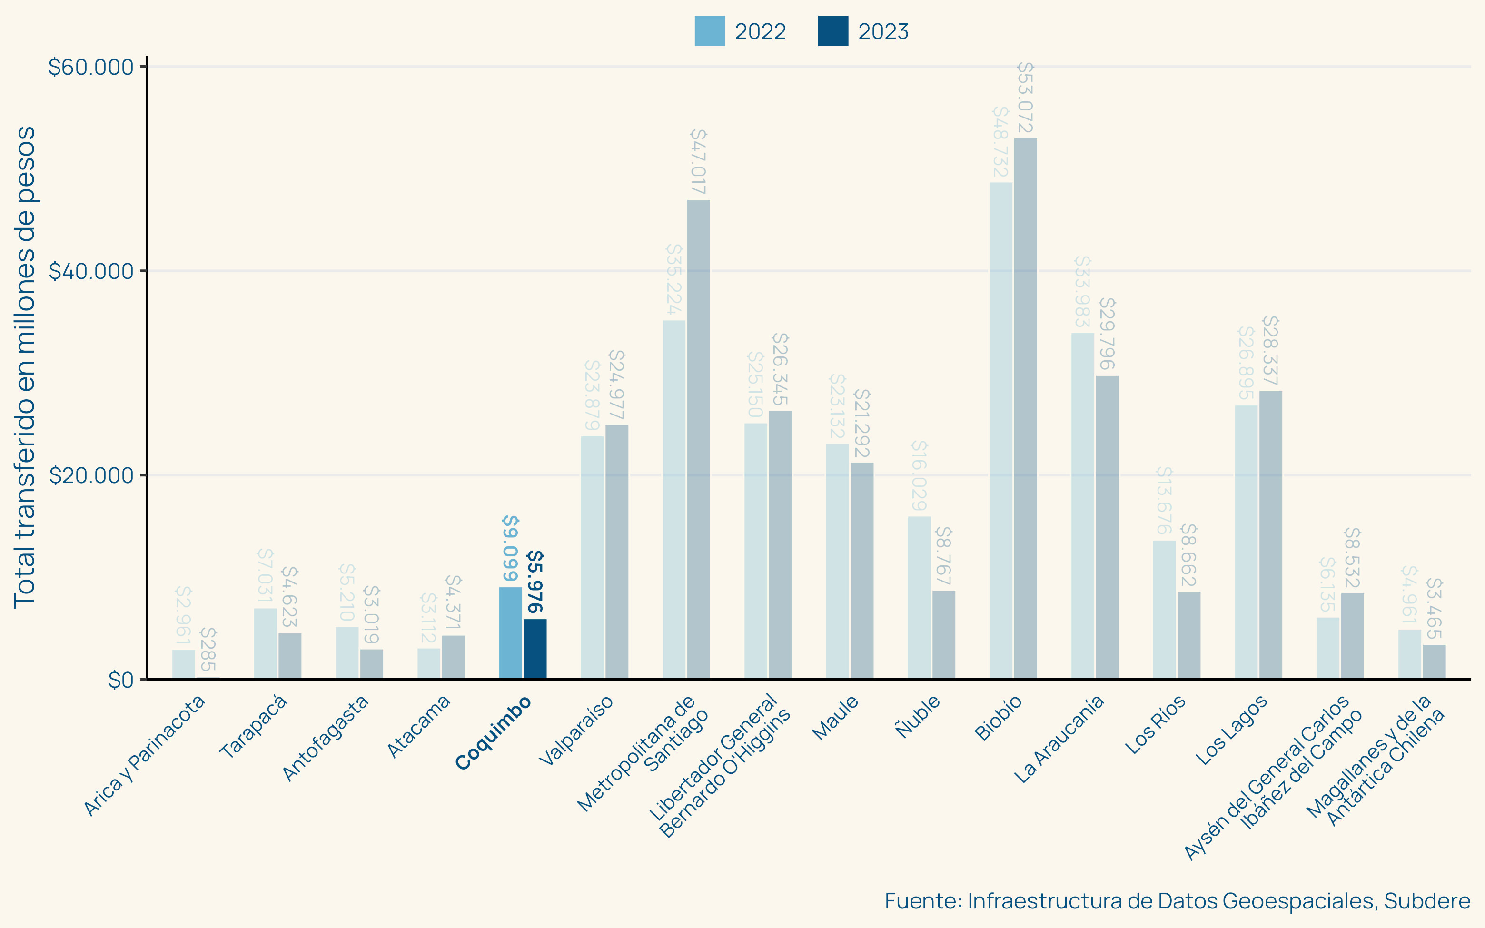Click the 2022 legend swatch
point(709,31)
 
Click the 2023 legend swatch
point(833,31)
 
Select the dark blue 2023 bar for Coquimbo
point(535,649)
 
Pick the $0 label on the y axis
point(120,680)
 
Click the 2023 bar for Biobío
point(1025,408)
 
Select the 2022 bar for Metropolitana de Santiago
point(674,499)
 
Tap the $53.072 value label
point(1025,98)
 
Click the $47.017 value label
point(698,161)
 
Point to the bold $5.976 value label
point(535,582)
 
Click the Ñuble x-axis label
point(917,716)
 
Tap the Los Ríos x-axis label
point(1155,725)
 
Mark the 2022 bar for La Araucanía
point(1082,506)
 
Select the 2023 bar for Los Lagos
point(1270,534)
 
